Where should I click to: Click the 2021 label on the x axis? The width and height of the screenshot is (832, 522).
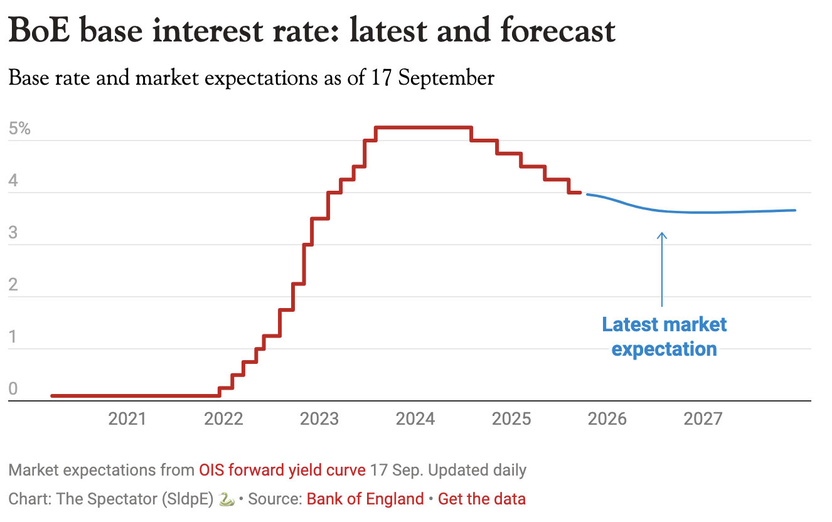click(x=127, y=418)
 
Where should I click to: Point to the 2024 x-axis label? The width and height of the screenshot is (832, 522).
click(x=415, y=418)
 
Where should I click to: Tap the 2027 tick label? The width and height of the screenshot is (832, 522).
click(x=703, y=418)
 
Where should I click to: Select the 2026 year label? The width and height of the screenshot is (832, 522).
click(x=607, y=418)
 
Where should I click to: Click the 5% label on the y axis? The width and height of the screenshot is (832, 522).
click(x=19, y=129)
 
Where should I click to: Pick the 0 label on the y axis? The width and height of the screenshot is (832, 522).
click(x=13, y=390)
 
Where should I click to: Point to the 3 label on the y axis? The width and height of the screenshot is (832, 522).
click(x=13, y=233)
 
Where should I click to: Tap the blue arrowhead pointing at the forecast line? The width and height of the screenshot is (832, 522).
click(x=662, y=235)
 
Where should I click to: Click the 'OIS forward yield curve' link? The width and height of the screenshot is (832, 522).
click(x=282, y=470)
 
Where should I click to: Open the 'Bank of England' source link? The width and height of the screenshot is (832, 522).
click(x=365, y=499)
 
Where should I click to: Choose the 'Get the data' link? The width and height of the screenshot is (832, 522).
click(x=482, y=499)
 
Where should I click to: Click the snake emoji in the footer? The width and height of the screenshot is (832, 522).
click(x=227, y=499)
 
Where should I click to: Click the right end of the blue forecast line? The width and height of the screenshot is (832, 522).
click(x=794, y=210)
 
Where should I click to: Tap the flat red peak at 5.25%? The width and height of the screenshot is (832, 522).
click(x=424, y=128)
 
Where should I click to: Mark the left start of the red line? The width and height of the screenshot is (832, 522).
click(x=53, y=396)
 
